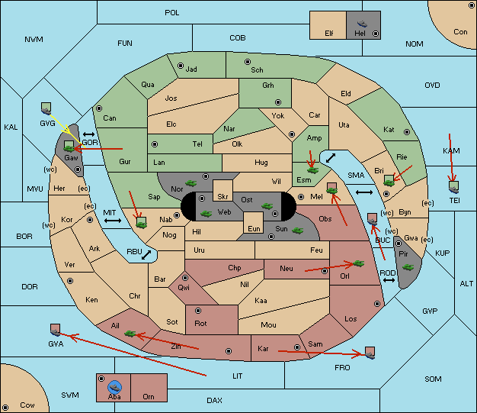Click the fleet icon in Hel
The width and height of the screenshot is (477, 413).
(x=362, y=24)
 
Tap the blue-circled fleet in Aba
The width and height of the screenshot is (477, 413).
(x=115, y=387)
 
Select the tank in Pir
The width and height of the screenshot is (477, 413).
(x=408, y=267)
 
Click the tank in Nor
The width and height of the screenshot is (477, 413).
(x=191, y=183)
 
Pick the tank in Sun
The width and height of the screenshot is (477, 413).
(x=297, y=230)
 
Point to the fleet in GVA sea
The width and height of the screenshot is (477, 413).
(x=56, y=331)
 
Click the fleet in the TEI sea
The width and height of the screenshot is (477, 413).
(x=454, y=188)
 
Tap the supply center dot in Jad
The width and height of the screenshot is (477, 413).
(x=181, y=66)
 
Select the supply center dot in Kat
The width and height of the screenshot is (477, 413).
(x=407, y=132)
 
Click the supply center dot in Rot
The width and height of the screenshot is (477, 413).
(x=198, y=311)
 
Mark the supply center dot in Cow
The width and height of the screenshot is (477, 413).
(x=5, y=407)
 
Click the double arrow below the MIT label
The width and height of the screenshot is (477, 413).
(x=113, y=221)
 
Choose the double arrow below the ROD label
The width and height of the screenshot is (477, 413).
(x=389, y=280)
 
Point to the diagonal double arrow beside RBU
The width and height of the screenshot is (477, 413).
(x=146, y=255)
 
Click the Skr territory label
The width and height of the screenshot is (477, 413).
(x=222, y=197)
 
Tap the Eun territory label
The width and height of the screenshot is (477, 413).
(x=254, y=228)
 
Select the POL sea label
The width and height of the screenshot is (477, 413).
(x=172, y=13)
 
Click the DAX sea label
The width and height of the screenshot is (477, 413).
(x=214, y=400)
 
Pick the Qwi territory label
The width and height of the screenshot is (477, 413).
(x=184, y=288)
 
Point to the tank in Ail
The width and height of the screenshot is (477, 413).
(x=130, y=334)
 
